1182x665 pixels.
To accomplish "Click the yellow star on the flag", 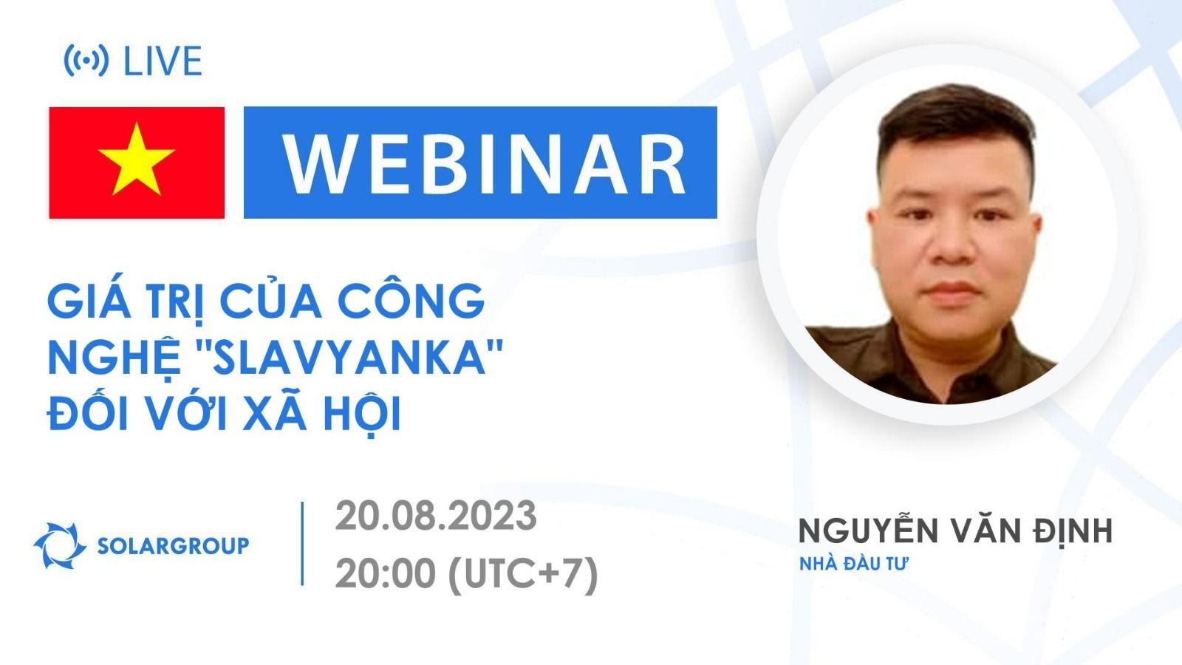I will [136, 160].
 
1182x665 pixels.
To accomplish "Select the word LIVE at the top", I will [163, 61].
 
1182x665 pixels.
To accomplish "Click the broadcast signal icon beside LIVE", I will [86, 61].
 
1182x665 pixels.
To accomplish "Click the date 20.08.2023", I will [436, 516].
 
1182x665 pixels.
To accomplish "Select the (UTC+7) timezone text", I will [523, 573].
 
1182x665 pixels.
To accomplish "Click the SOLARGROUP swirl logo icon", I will [60, 546].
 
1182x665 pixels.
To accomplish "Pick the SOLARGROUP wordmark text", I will [173, 546].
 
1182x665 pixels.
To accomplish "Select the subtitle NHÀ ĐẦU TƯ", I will [853, 564].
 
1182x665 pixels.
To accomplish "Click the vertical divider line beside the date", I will [303, 544].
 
